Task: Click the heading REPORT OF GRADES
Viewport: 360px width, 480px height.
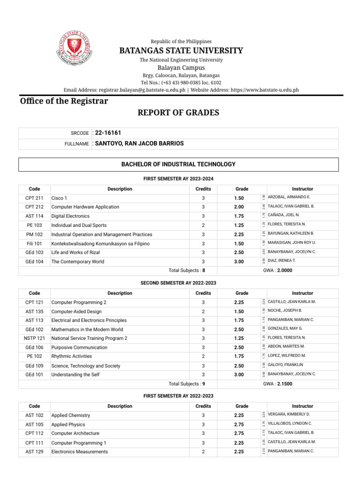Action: click(x=178, y=112)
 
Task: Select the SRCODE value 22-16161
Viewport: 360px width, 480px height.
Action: click(x=108, y=133)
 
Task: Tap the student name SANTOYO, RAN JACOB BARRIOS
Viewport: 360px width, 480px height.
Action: click(x=139, y=143)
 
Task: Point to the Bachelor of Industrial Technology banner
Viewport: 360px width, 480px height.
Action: click(x=178, y=164)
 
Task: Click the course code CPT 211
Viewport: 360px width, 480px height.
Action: click(x=34, y=198)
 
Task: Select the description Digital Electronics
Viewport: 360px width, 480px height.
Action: click(x=70, y=216)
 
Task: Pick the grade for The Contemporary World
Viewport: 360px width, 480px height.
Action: click(x=239, y=262)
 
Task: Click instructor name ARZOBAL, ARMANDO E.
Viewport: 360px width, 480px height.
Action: click(x=289, y=197)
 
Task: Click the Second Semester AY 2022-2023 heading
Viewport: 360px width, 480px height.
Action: click(x=178, y=283)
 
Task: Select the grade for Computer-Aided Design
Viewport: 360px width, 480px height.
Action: click(x=239, y=311)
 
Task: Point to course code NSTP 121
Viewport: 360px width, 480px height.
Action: click(x=34, y=338)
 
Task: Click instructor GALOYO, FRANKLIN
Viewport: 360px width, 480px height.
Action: click(x=285, y=365)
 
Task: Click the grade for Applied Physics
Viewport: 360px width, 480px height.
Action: click(x=239, y=425)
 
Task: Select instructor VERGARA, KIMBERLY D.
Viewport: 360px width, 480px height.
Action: click(x=289, y=415)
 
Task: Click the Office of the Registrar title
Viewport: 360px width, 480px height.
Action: click(x=64, y=101)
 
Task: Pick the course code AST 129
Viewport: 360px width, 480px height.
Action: click(x=34, y=452)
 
